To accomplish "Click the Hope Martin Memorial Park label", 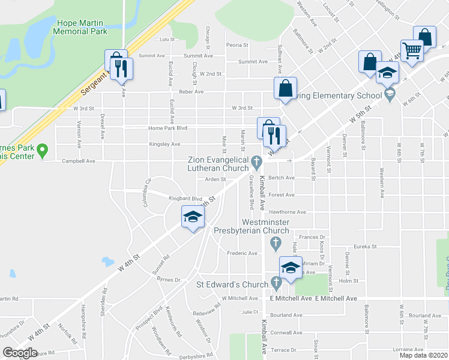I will [x=82, y=26].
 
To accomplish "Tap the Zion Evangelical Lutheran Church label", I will [x=218, y=164].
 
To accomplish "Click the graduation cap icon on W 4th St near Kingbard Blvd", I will [x=193, y=218].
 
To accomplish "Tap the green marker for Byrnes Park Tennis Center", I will [x=43, y=151].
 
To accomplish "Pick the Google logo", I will [x=20, y=353].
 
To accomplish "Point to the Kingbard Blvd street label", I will [x=185, y=199].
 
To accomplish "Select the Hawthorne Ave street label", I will [x=288, y=212].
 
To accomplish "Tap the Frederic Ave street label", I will [x=242, y=253].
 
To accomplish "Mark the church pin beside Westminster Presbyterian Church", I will [x=276, y=244].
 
